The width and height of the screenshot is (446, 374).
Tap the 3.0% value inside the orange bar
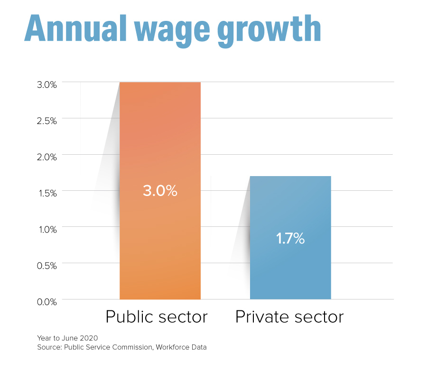(x=160, y=191)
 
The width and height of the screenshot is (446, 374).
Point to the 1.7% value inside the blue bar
(x=290, y=238)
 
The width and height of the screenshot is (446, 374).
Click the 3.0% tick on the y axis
(x=47, y=84)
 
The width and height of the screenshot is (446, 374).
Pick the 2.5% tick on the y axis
(x=47, y=121)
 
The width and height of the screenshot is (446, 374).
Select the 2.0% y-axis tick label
(x=47, y=157)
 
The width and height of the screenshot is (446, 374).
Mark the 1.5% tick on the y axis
(x=47, y=193)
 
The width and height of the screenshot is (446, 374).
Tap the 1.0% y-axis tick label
(x=47, y=229)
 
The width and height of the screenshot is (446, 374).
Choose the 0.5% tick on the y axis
(x=47, y=265)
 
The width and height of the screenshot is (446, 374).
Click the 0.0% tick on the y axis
(x=47, y=301)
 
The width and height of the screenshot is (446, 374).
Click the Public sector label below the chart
(x=157, y=317)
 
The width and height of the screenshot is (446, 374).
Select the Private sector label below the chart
(x=289, y=317)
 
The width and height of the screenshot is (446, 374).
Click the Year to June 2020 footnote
(x=67, y=338)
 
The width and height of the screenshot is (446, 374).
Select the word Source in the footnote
(x=48, y=347)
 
